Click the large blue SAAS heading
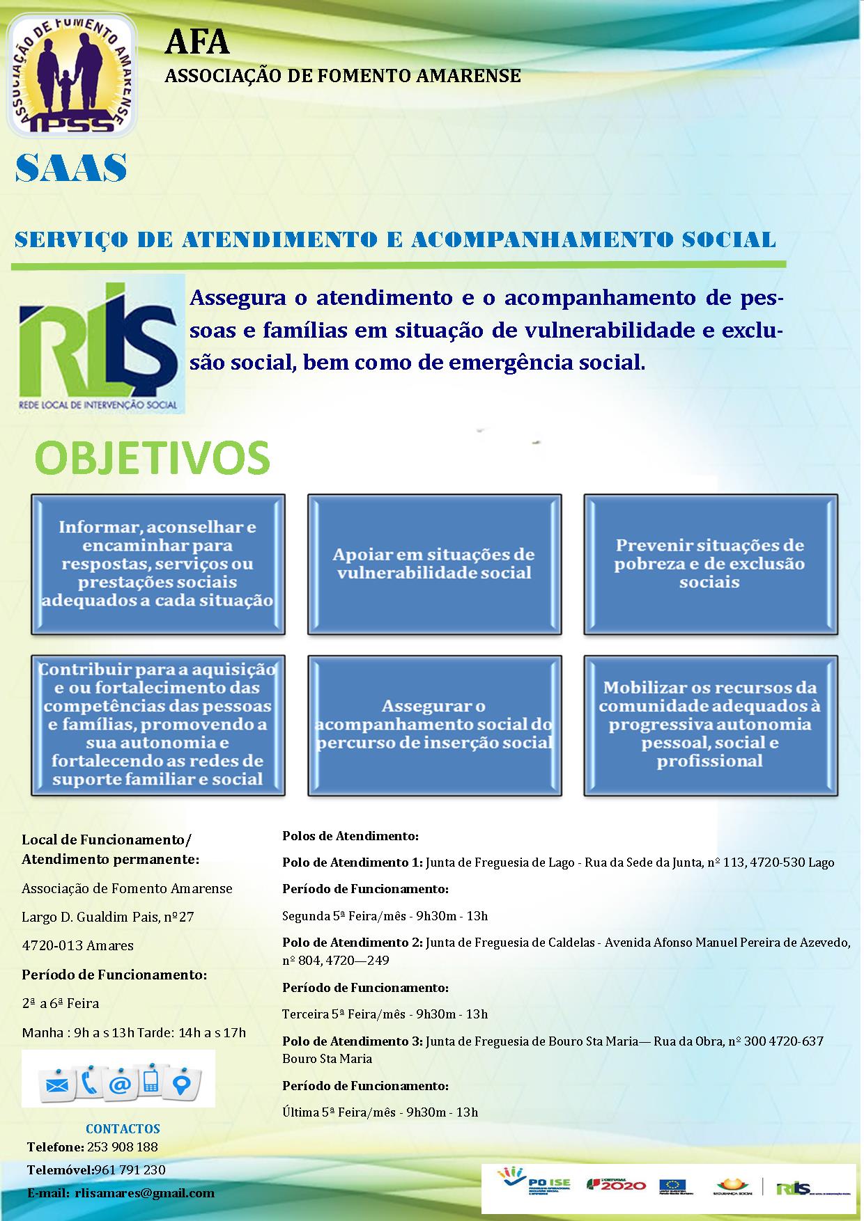(x=71, y=168)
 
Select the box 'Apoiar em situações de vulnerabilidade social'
(x=434, y=564)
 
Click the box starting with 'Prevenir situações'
(x=710, y=564)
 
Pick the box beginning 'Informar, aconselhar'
(x=158, y=564)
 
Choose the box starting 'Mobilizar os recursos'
(x=710, y=725)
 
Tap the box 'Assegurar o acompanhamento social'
(x=434, y=725)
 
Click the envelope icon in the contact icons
(x=56, y=1084)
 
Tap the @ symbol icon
(x=120, y=1084)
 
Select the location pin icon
(x=183, y=1084)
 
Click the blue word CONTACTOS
(x=123, y=1128)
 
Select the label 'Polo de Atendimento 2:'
(x=352, y=943)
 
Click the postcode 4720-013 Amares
(x=77, y=945)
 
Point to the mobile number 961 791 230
(x=130, y=1169)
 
